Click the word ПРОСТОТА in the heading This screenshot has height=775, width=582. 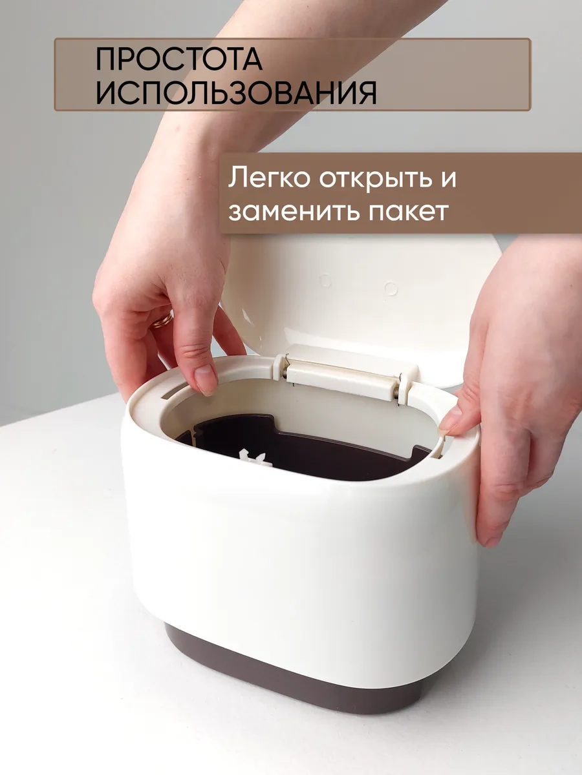(x=179, y=59)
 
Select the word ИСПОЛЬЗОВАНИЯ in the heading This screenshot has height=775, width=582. (x=236, y=92)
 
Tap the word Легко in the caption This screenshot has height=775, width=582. (x=269, y=178)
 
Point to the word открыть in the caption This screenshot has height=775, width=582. (x=376, y=179)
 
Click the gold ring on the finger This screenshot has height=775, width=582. (x=162, y=320)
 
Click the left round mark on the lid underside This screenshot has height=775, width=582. (x=325, y=281)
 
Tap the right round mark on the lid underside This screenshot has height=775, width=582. (x=391, y=288)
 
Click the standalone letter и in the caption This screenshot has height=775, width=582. (x=449, y=178)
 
